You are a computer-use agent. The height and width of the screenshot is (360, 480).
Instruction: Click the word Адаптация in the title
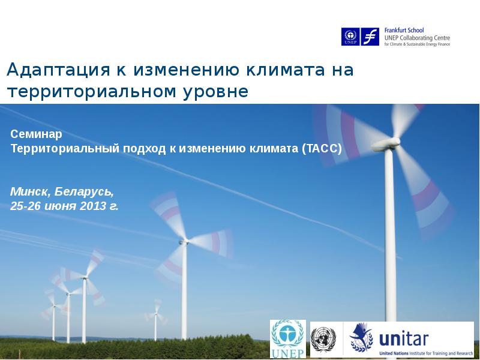click(x=58, y=70)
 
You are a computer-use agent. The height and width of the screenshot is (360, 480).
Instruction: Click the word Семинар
click(x=36, y=134)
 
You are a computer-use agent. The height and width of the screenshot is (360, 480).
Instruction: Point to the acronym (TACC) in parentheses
click(x=322, y=148)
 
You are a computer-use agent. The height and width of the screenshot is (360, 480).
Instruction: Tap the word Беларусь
click(x=84, y=191)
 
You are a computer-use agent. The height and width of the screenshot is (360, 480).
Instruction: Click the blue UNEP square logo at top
click(x=350, y=37)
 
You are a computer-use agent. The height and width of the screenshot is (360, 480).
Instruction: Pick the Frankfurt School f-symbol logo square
click(x=370, y=37)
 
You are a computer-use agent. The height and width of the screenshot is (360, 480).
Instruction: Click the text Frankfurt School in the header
click(x=404, y=31)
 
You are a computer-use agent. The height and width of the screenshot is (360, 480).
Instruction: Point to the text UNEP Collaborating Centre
click(x=417, y=38)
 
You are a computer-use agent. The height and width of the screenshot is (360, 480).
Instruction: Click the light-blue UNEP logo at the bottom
click(x=288, y=339)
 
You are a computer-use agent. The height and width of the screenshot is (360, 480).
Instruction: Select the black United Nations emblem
click(x=323, y=339)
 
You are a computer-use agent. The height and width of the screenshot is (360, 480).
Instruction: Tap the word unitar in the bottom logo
click(x=404, y=339)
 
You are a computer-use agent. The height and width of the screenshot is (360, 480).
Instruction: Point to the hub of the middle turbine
click(x=184, y=242)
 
